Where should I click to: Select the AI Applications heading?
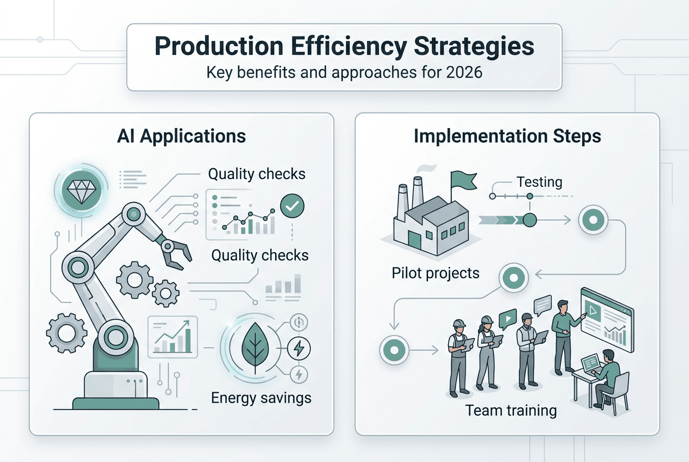click(182, 136)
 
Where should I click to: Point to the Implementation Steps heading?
click(507, 136)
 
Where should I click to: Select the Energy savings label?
click(261, 398)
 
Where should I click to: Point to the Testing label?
click(539, 181)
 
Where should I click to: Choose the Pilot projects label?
click(436, 272)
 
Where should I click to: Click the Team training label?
click(511, 410)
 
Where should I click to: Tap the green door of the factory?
click(414, 240)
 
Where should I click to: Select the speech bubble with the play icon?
click(506, 317)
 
